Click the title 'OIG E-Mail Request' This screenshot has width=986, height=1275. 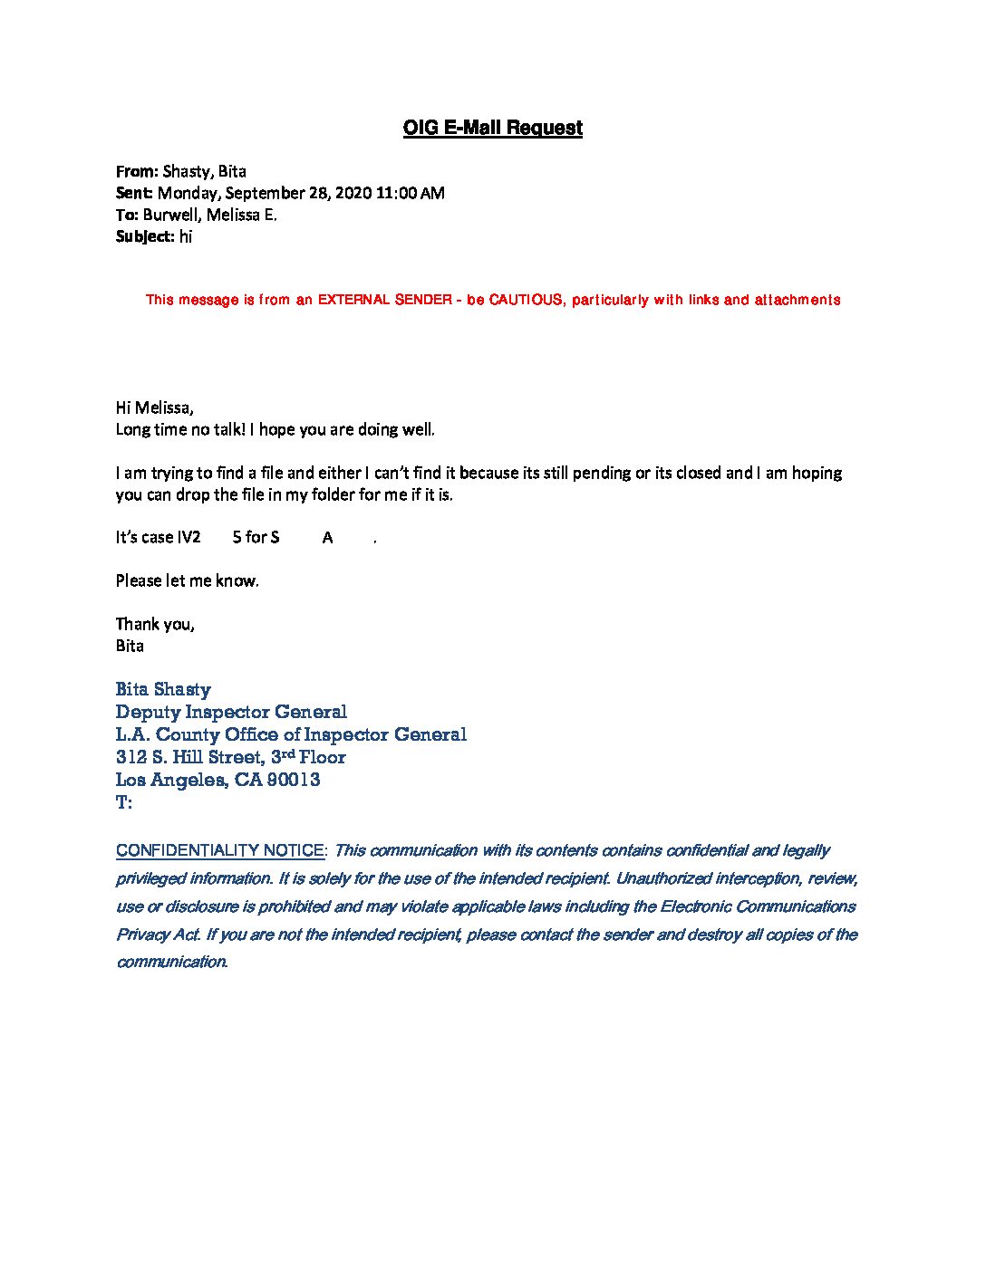[492, 128]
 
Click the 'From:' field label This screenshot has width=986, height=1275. [137, 171]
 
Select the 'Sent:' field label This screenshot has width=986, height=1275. [135, 193]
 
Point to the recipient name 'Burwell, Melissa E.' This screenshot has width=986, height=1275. [209, 215]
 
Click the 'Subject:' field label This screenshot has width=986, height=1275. [145, 236]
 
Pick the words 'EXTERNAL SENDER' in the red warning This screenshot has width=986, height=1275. [385, 300]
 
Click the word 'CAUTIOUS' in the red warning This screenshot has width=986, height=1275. [526, 300]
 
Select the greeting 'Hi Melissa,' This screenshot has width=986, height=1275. [155, 407]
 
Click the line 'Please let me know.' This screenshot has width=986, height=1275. [187, 580]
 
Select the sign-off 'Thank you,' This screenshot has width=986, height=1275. [155, 624]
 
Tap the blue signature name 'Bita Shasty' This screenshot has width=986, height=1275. [163, 690]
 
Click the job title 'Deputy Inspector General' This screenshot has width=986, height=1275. [231, 713]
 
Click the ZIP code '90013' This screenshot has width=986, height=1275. [294, 781]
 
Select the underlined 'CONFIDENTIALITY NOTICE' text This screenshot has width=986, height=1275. [220, 851]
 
